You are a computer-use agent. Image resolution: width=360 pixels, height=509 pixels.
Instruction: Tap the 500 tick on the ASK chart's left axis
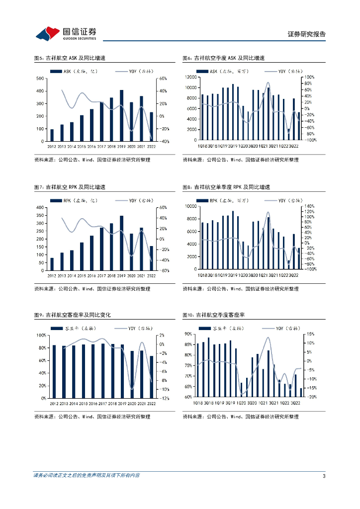pos(39,79)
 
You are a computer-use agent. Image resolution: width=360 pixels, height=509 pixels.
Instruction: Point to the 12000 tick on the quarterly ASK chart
pos(189,77)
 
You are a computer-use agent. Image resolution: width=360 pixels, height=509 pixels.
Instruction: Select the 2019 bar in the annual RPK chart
pos(121,243)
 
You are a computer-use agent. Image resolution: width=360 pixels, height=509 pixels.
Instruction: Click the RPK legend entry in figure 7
pos(70,200)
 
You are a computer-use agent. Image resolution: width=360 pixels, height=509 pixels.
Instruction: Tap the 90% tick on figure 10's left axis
pos(189,334)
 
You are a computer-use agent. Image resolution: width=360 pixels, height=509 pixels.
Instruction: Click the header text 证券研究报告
pos(307,34)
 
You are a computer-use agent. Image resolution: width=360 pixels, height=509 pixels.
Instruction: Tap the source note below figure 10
pos(241,417)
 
